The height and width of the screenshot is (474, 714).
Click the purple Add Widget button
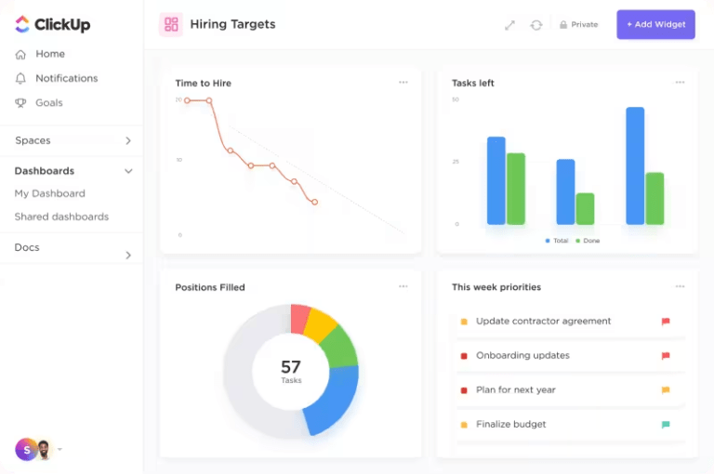[x=655, y=24]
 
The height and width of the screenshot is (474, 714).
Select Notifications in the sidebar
[x=66, y=78]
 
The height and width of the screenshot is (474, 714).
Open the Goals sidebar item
[x=48, y=102]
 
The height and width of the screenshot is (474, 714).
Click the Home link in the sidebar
[x=49, y=54]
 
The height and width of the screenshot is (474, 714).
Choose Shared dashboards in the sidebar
[x=61, y=217]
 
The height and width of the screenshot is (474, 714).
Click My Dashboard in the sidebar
[x=49, y=193]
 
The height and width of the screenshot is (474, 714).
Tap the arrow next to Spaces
[x=128, y=140]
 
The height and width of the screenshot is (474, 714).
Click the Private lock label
[x=578, y=24]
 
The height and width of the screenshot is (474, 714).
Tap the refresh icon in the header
[x=536, y=25]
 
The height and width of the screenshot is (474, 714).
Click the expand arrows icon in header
[x=509, y=25]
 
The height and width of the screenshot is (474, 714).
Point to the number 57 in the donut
[x=291, y=367]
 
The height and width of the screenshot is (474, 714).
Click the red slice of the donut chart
[x=299, y=318]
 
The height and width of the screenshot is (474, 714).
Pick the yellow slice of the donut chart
[x=321, y=325]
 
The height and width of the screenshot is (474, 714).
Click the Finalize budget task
[x=510, y=424]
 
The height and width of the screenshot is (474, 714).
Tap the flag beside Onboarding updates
[x=666, y=356]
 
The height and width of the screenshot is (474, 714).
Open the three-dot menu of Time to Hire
[x=403, y=82]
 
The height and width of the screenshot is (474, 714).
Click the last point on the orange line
[x=315, y=202]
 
